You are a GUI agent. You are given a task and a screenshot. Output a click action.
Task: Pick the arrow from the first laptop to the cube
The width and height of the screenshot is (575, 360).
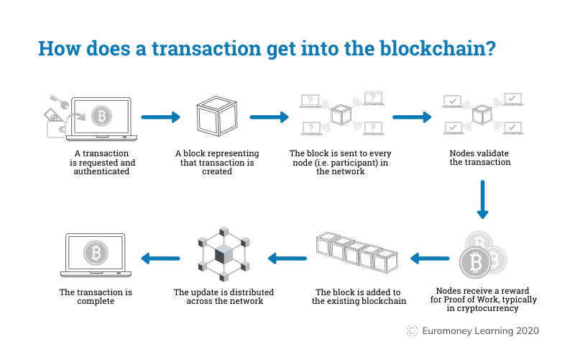159,117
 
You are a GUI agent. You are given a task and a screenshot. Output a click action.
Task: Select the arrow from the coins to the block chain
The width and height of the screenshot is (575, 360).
430,257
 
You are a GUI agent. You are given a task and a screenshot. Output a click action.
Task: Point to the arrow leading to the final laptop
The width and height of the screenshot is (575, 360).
159,257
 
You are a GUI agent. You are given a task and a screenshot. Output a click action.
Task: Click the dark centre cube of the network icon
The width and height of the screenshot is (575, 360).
224,254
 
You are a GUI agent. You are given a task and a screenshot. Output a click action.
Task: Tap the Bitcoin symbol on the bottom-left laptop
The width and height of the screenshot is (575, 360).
95,253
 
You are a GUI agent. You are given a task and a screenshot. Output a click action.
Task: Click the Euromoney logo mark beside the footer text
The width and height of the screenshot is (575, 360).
413,330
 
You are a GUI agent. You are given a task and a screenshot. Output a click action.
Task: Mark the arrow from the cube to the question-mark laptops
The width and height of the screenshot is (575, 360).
269,117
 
